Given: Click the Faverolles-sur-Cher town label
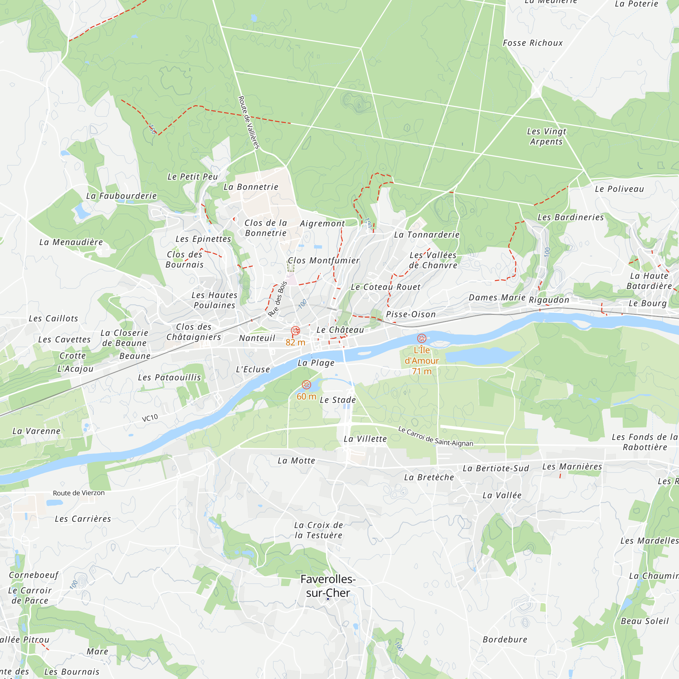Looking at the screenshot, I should (x=328, y=586).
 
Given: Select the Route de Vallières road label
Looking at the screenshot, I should (x=249, y=122).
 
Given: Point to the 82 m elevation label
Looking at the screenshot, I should (x=295, y=342).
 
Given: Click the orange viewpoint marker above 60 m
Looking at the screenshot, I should (x=307, y=385).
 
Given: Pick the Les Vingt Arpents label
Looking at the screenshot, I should (x=546, y=136).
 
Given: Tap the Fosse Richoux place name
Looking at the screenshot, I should (x=532, y=43).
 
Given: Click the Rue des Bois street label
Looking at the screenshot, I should (x=277, y=299).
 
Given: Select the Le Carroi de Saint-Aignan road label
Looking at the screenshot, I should (x=436, y=437).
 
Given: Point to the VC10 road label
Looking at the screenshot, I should (x=150, y=418).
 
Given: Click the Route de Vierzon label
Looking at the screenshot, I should (x=79, y=493).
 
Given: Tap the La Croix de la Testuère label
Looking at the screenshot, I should (x=318, y=530).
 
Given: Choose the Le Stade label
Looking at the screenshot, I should (x=338, y=400).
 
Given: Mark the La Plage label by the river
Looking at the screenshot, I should (x=316, y=363).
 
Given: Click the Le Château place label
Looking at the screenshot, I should (x=340, y=330).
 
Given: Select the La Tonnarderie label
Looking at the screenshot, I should (x=427, y=235).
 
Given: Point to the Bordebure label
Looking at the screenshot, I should (x=505, y=639).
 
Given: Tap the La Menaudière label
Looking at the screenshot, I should (x=71, y=242).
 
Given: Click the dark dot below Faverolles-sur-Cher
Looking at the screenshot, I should (x=328, y=599).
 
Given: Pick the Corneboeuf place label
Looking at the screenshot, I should (x=34, y=575).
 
